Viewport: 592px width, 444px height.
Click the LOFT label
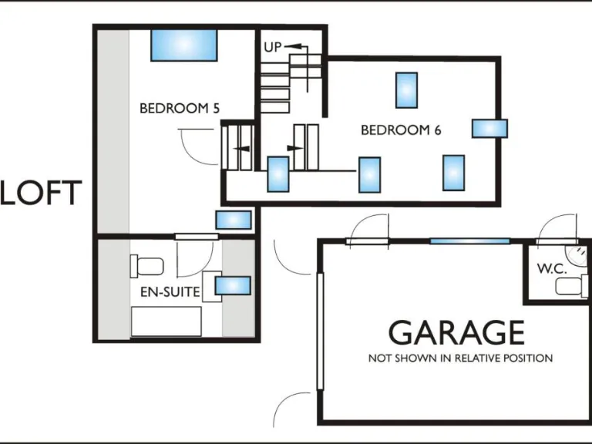point(40,193)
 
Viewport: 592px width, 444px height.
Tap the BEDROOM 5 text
point(179,109)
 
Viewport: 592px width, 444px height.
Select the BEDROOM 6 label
point(401,130)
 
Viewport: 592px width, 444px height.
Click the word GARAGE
point(456,333)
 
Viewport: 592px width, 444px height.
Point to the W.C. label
point(553,269)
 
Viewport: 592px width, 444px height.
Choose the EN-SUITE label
point(170,292)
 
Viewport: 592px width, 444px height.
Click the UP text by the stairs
point(273,48)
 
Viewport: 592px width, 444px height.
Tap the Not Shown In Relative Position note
point(460,358)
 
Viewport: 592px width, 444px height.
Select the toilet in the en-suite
point(147,266)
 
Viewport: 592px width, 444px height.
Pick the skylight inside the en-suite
point(233,286)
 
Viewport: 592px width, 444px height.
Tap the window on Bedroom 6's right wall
point(489,128)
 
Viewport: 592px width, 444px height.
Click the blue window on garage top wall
point(469,241)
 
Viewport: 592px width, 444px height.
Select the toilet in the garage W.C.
point(571,288)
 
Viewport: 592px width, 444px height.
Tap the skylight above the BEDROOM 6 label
point(407,90)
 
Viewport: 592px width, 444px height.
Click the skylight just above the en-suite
point(233,220)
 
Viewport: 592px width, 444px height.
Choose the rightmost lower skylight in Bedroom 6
point(453,173)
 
